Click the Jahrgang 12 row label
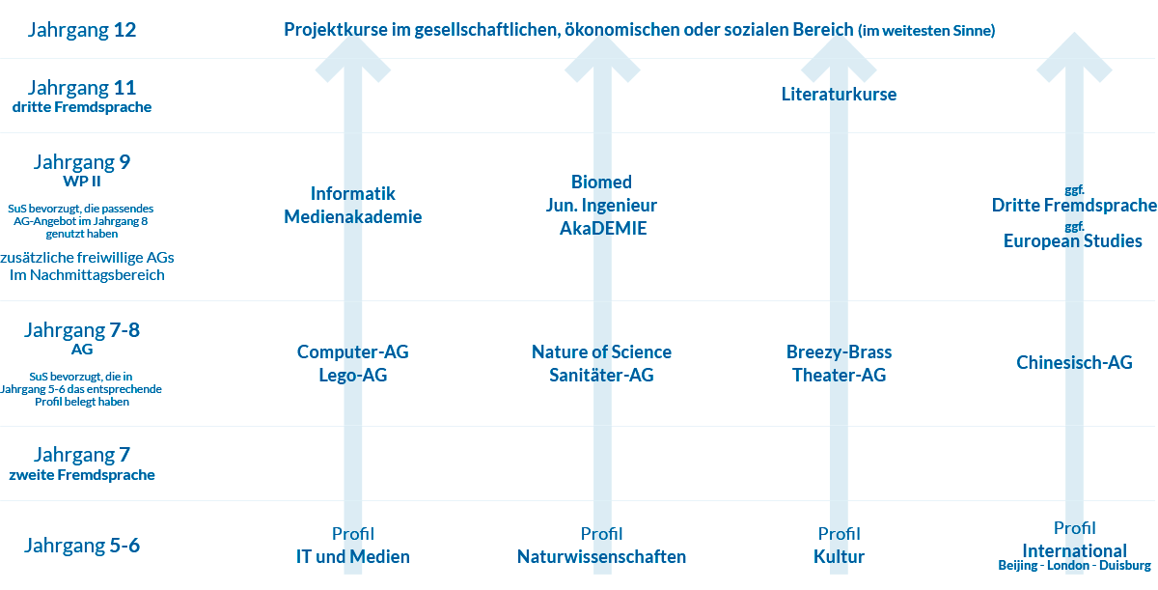coord(82,30)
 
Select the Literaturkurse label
coord(839,94)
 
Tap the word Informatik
coord(352,193)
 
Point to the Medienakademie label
coord(352,216)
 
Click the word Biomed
coord(601,182)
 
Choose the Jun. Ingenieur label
coord(601,206)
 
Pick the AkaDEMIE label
coord(603,228)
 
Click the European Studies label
coord(1073,241)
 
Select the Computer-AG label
coord(352,352)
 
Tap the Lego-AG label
coord(352,375)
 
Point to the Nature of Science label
coord(601,352)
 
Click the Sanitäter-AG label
coord(601,375)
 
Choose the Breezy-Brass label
coord(839,352)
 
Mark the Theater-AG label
coord(839,375)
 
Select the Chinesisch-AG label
coord(1074,362)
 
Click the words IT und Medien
coord(352,557)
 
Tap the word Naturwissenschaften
coord(601,557)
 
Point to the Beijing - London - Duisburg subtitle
coord(1074,565)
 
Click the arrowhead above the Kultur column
coord(839,57)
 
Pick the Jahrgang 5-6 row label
coord(82,546)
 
